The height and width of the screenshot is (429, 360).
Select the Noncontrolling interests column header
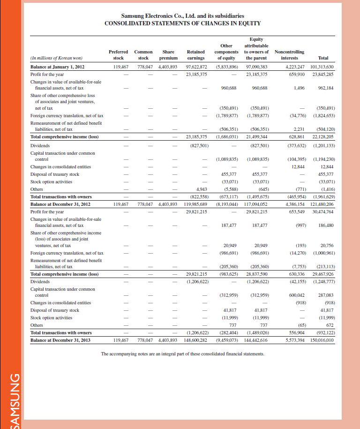(289, 55)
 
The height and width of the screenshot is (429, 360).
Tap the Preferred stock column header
(119, 55)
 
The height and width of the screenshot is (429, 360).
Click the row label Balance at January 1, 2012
(57, 67)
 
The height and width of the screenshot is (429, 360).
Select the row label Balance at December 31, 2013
(60, 340)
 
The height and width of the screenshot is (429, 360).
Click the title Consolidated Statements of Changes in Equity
(182, 23)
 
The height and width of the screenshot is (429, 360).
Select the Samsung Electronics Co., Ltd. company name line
(182, 16)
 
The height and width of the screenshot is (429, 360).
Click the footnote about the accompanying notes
(182, 354)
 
